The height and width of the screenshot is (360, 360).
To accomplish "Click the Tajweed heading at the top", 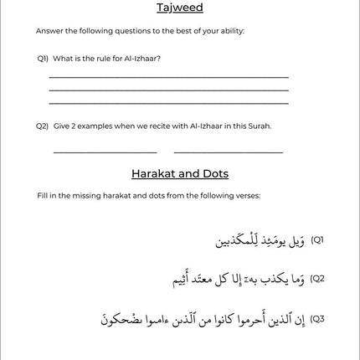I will click(179, 8).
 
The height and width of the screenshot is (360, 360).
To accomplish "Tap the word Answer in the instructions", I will click(46, 31).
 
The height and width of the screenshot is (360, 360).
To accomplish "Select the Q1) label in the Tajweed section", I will click(43, 59).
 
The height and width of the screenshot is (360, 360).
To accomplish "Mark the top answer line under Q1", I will click(168, 77).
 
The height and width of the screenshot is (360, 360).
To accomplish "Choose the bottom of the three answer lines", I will click(168, 104).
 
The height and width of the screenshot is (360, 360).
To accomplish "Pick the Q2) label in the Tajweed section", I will click(43, 126).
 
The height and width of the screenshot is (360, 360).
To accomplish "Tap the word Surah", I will click(260, 126).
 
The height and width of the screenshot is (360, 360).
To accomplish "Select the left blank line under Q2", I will click(105, 153).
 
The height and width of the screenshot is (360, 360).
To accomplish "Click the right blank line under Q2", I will click(228, 153).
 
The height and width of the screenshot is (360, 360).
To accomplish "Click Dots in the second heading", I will click(213, 174).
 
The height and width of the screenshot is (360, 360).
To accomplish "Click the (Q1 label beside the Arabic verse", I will click(317, 240).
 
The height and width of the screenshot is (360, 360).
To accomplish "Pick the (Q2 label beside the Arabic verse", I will click(317, 278).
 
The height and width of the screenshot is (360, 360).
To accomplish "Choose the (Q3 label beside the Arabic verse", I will click(317, 319).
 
